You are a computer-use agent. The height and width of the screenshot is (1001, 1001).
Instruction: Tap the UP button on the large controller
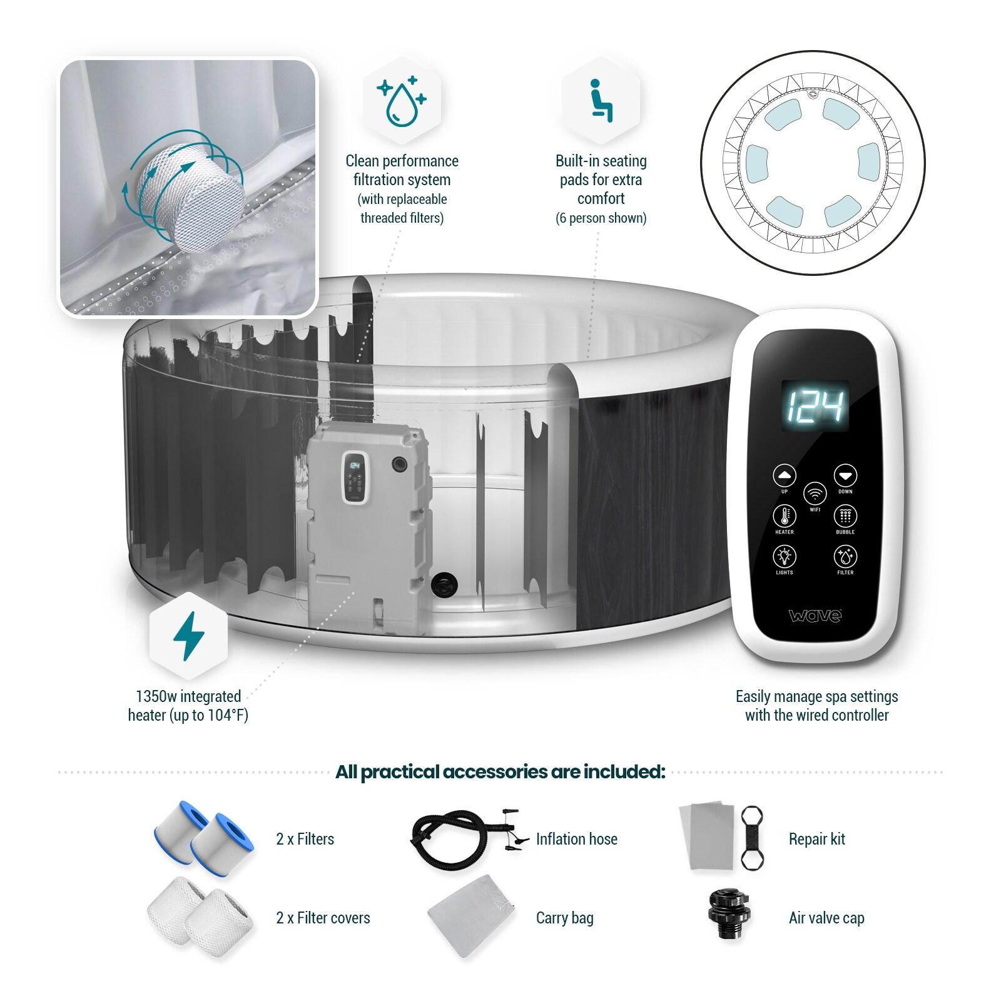pos(785,475)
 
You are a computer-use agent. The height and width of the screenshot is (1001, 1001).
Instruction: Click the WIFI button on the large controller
pos(815,494)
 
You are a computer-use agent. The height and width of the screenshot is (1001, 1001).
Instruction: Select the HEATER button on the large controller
pos(785,516)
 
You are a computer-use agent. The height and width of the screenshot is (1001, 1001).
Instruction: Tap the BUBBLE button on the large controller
pos(845,516)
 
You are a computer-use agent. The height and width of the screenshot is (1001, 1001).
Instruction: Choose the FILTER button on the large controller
pos(845,556)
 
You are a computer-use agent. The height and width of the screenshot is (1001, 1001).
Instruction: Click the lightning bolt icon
pos(188,636)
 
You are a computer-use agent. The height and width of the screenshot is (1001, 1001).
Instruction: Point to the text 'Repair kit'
pos(816,839)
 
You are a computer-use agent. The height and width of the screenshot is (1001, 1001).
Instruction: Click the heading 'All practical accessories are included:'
pos(500,771)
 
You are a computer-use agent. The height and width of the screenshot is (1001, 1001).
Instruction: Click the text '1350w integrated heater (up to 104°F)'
pos(188,706)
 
